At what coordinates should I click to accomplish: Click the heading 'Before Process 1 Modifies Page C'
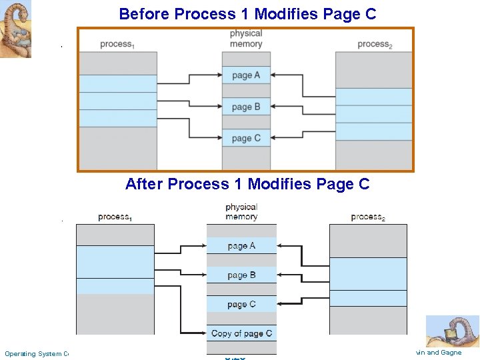[247, 13]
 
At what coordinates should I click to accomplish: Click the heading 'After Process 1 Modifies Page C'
[247, 184]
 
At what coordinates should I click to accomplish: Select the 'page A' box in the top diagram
[246, 75]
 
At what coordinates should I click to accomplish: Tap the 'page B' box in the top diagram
[246, 107]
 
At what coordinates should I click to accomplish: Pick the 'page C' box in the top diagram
[246, 138]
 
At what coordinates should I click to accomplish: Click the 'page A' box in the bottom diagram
[241, 246]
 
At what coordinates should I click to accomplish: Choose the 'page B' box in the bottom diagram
[241, 275]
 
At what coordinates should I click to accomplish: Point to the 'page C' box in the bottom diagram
[241, 305]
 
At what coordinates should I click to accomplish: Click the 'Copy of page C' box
[241, 333]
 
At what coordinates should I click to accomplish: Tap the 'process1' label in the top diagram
[116, 45]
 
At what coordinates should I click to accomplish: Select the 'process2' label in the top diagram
[373, 45]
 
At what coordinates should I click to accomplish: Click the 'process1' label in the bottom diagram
[115, 217]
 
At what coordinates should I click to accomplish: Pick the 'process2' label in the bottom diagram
[368, 217]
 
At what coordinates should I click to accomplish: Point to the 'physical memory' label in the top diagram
[246, 39]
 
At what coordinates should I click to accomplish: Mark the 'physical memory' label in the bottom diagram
[241, 212]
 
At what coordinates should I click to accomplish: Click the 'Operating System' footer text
[37, 354]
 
